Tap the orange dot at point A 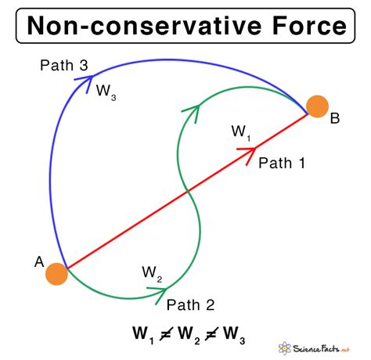click(56, 274)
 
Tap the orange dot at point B click(317, 106)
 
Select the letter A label click(38, 262)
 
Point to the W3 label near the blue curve click(106, 91)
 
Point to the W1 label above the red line click(241, 131)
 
